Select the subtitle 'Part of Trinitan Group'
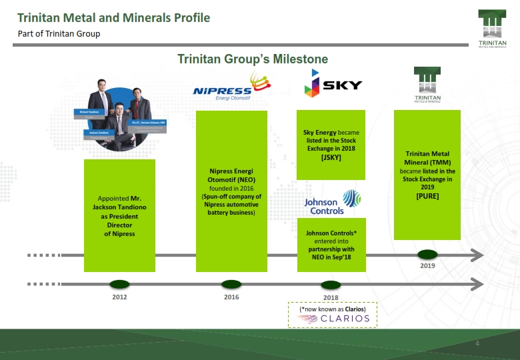pos(59,34)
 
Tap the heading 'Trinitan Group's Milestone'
pos(253,59)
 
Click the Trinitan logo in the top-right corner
pos(492,29)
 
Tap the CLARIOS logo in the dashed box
pos(333,319)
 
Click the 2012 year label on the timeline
pos(119,297)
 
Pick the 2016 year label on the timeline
pos(231,297)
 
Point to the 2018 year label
pos(331,297)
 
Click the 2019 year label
pos(427,266)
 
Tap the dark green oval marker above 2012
pos(119,284)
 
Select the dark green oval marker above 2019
pos(427,254)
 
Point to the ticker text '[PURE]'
pos(427,197)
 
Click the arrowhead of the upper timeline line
pos(476,255)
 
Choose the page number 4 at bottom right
pos(477,343)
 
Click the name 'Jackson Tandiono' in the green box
pos(119,207)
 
